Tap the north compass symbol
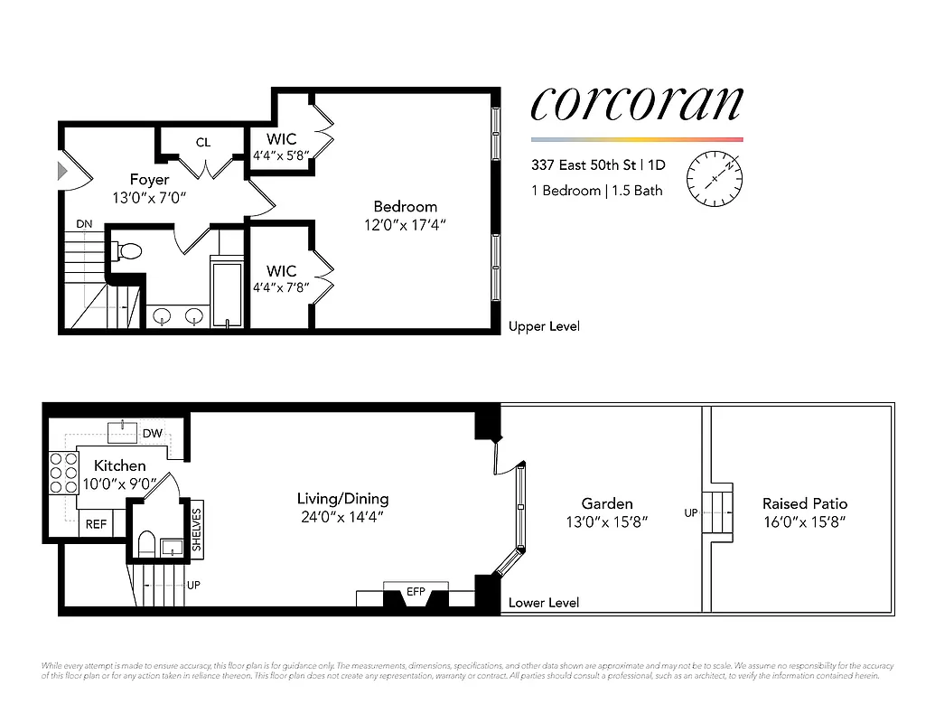(x=715, y=177)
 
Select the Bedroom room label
(x=405, y=206)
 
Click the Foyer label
(x=149, y=179)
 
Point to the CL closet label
(x=203, y=142)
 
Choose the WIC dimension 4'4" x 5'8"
(x=281, y=155)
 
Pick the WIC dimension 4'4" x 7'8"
(x=281, y=287)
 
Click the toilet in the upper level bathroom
(x=129, y=250)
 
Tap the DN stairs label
(x=83, y=222)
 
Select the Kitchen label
(x=119, y=465)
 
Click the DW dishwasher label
(x=153, y=434)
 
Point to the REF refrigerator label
(x=96, y=524)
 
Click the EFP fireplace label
(x=416, y=592)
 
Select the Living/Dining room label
(x=343, y=498)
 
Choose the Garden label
(x=607, y=503)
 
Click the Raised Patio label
(x=805, y=503)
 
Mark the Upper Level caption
(x=544, y=326)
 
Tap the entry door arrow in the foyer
(x=62, y=170)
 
